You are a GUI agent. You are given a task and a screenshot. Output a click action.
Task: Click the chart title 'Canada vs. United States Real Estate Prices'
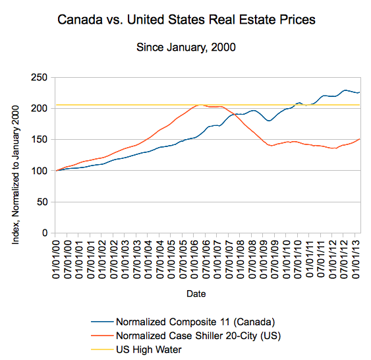point(186,19)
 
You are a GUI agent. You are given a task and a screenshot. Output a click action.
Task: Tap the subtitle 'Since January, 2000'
point(186,47)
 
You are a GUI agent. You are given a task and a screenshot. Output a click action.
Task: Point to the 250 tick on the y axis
point(40,77)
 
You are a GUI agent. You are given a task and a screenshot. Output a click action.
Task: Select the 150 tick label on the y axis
point(40,140)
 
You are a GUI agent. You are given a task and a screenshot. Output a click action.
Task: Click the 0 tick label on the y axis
point(45,233)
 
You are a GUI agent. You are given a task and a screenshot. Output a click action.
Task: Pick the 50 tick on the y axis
point(42,202)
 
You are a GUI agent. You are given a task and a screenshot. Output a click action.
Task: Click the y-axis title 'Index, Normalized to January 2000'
point(15,175)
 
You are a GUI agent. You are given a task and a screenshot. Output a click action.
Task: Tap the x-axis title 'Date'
point(196,293)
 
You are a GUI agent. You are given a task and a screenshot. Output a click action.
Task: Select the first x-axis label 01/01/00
point(56,259)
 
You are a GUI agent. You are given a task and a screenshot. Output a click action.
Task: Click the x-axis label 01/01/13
point(356,259)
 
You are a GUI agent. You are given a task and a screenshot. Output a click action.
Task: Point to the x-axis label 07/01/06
point(206,259)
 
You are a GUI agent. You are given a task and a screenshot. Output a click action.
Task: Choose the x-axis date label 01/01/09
point(264,259)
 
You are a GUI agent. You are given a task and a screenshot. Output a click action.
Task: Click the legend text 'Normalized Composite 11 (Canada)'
point(196,322)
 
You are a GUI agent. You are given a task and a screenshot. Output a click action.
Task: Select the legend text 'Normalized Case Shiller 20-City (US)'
point(198,336)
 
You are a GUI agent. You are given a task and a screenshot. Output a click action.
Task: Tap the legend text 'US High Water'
point(149,349)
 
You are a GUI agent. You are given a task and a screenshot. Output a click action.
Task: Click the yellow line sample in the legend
point(102,349)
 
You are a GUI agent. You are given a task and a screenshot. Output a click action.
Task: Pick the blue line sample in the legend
point(102,322)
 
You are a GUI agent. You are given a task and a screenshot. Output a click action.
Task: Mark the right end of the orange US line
point(360,139)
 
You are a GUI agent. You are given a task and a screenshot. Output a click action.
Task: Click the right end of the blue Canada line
point(360,92)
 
